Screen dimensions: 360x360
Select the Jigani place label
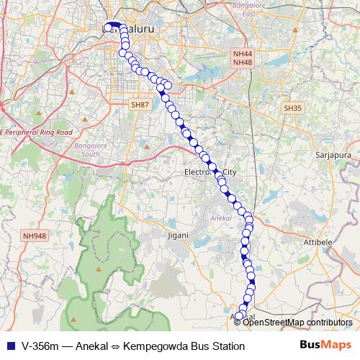click(x=177, y=235)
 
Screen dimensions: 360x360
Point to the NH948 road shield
click(x=34, y=235)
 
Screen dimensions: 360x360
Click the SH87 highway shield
click(x=140, y=105)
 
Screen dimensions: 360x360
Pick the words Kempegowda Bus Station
click(x=189, y=346)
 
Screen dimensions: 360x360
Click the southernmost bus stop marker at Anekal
click(x=240, y=315)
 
